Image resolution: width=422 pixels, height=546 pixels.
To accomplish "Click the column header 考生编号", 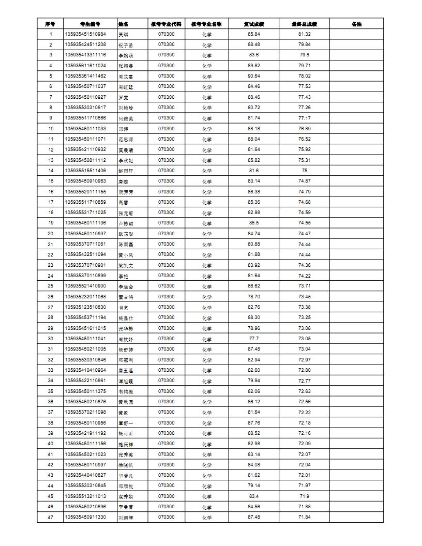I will [x=90, y=24].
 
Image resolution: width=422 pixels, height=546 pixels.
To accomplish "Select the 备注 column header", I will [x=356, y=24].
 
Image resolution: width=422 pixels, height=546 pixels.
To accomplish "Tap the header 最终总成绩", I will [x=304, y=24].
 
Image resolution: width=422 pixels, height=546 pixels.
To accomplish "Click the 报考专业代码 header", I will [x=166, y=24].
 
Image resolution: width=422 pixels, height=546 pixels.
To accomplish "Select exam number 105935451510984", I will [x=85, y=34].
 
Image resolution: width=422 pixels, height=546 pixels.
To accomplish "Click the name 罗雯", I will [x=123, y=97].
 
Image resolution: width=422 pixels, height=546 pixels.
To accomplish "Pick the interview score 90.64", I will [x=254, y=76].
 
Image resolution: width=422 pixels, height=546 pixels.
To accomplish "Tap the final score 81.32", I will [x=304, y=34].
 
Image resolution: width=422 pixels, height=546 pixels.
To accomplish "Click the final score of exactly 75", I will [x=304, y=171].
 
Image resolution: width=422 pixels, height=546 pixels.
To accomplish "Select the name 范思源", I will [x=126, y=139].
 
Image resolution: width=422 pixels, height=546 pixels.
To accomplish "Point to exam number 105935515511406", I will [x=85, y=171].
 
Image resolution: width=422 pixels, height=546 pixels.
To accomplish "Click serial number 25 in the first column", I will [x=51, y=286].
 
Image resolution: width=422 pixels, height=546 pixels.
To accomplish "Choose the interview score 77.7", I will [x=254, y=339].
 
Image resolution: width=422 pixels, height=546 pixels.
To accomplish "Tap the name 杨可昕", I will [x=126, y=433].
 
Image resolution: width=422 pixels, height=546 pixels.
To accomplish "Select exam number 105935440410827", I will [x=85, y=475].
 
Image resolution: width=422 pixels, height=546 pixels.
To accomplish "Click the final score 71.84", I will [x=304, y=517].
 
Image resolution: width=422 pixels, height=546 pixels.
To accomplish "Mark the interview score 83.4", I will [x=254, y=496].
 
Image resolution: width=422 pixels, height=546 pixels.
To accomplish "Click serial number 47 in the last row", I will [x=51, y=517].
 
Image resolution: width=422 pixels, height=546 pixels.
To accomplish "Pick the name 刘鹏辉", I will [x=126, y=518].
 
